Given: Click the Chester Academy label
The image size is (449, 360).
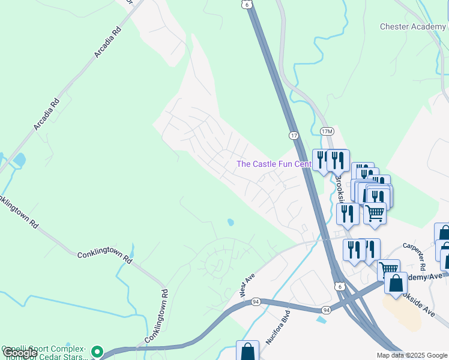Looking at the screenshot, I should tap(412, 26).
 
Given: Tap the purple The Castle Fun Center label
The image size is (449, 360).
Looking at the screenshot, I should tap(274, 164).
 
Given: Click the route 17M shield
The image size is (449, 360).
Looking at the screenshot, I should tap(326, 131).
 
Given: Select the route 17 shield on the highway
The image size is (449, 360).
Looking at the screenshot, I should tap(294, 136).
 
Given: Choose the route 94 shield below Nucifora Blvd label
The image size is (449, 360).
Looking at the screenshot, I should tap(325, 310).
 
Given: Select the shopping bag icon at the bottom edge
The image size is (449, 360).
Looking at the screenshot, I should tap(247, 350).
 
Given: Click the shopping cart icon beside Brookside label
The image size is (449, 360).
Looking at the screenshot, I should tap(375, 212).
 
